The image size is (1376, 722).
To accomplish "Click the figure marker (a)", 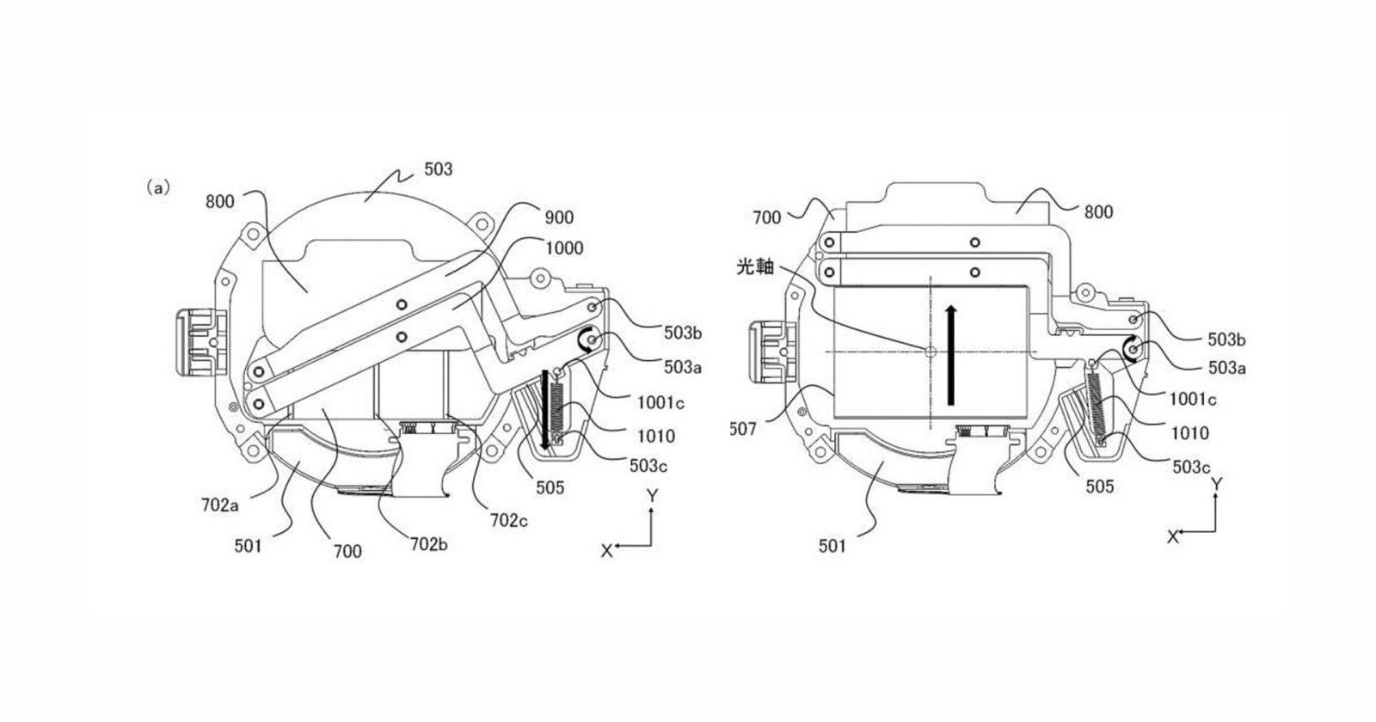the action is click(158, 188).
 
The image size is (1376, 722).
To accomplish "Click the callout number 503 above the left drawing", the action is click(438, 169).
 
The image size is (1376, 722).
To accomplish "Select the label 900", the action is click(559, 217).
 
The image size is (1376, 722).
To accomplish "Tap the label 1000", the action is click(564, 248).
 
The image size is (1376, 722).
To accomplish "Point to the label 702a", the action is click(220, 505).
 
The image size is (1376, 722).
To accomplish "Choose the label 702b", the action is click(429, 544).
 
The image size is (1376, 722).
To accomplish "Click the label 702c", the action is click(508, 521).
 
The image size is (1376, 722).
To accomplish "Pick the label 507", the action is click(743, 429).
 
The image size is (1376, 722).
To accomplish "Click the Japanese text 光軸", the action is click(755, 266).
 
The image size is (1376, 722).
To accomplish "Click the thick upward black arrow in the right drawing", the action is click(951, 356).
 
